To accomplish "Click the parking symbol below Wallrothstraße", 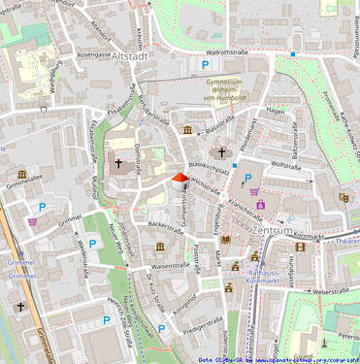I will pyautogui.click(x=205, y=65).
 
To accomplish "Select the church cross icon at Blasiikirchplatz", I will pyautogui.click(x=221, y=152).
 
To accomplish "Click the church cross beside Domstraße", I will pyautogui.click(x=118, y=164).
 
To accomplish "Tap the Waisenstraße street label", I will pyautogui.click(x=171, y=264).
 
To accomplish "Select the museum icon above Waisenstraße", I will pyautogui.click(x=159, y=247).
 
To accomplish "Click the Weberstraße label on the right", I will pyautogui.click(x=330, y=290).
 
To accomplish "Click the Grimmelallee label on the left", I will pyautogui.click(x=23, y=182).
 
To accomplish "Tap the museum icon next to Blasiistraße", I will pyautogui.click(x=187, y=129).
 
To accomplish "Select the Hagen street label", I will pyautogui.click(x=276, y=112).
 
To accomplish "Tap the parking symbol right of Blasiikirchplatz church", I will pyautogui.click(x=247, y=178).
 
